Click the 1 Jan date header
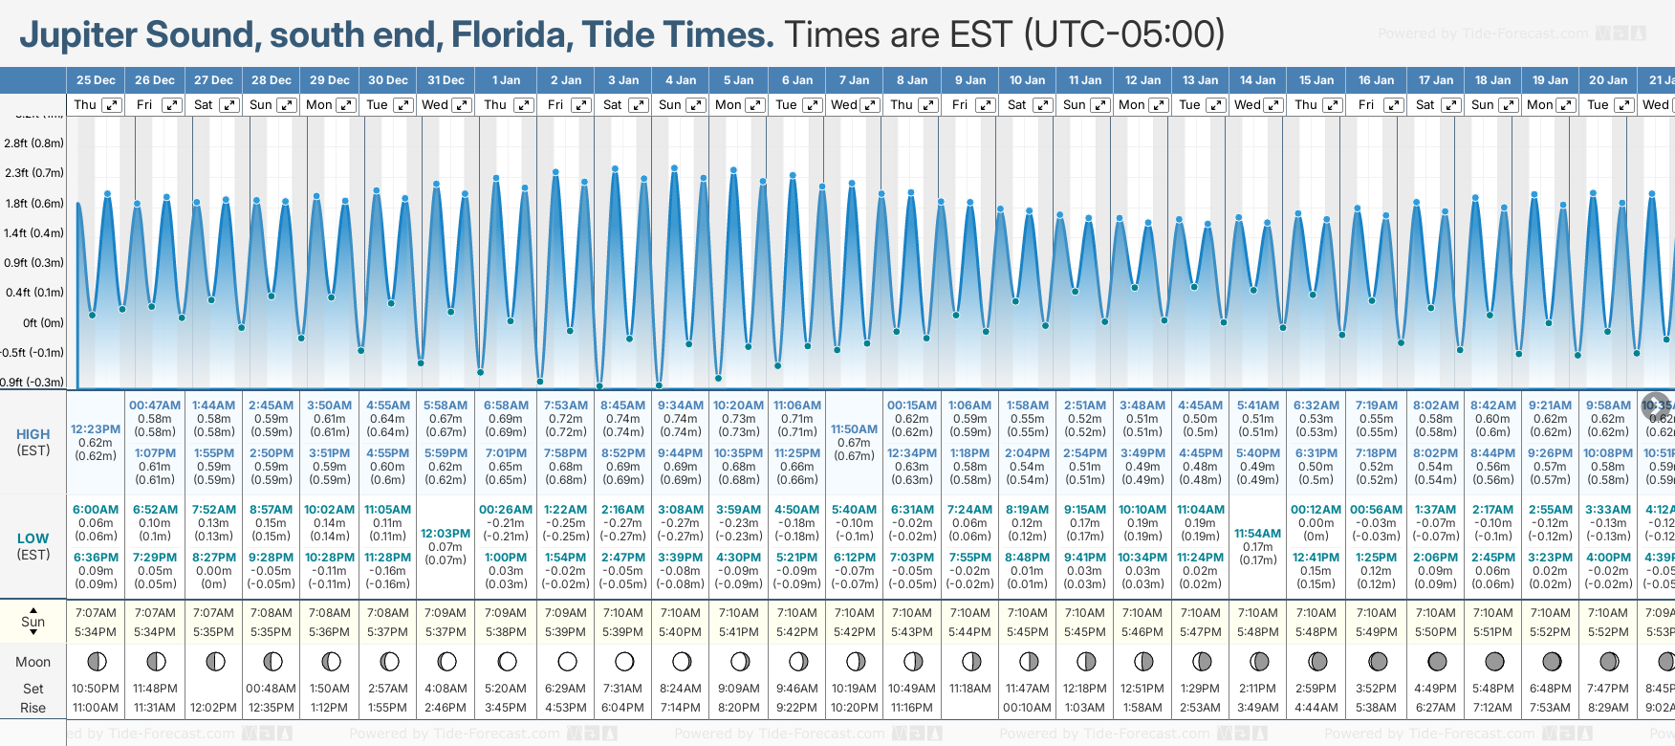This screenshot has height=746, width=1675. click(507, 80)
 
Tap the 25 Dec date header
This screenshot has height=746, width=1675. click(96, 80)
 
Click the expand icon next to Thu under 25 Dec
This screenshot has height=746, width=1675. click(112, 105)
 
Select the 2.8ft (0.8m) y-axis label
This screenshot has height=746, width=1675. click(34, 143)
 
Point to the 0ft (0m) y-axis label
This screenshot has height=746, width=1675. click(44, 323)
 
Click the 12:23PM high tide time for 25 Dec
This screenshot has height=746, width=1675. click(96, 429)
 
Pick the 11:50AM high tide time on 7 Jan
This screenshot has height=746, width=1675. click(854, 429)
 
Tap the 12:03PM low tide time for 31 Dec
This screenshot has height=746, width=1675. click(446, 534)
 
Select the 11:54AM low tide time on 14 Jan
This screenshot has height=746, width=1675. click(1257, 534)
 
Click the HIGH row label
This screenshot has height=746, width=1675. click(33, 434)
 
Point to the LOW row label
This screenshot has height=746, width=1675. click(33, 538)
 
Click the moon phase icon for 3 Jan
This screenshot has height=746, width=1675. click(624, 661)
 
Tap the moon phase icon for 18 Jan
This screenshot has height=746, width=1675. click(1494, 661)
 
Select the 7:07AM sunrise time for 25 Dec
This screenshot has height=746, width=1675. click(96, 613)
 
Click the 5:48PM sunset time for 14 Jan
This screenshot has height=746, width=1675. click(1257, 632)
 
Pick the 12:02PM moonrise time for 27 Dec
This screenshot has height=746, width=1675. click(213, 708)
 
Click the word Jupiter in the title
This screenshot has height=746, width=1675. click(79, 35)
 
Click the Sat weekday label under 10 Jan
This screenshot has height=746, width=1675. click(1016, 105)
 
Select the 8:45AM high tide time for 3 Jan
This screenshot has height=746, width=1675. click(622, 406)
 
